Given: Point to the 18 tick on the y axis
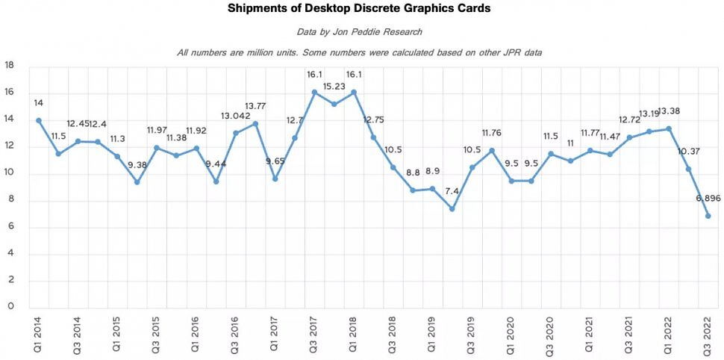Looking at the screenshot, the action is click(x=10, y=66).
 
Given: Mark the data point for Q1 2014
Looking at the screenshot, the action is click(x=39, y=120).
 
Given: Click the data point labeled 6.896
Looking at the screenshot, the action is click(x=708, y=216).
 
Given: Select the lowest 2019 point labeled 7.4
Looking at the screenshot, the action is click(x=452, y=209).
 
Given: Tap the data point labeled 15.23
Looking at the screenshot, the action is click(x=334, y=104).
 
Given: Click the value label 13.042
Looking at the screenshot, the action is click(x=235, y=116).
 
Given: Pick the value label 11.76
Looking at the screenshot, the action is click(x=492, y=134).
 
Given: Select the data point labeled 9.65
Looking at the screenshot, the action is click(x=275, y=179).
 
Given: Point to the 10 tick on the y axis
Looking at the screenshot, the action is click(x=10, y=174).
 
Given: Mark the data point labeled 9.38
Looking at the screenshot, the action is click(x=137, y=182).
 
